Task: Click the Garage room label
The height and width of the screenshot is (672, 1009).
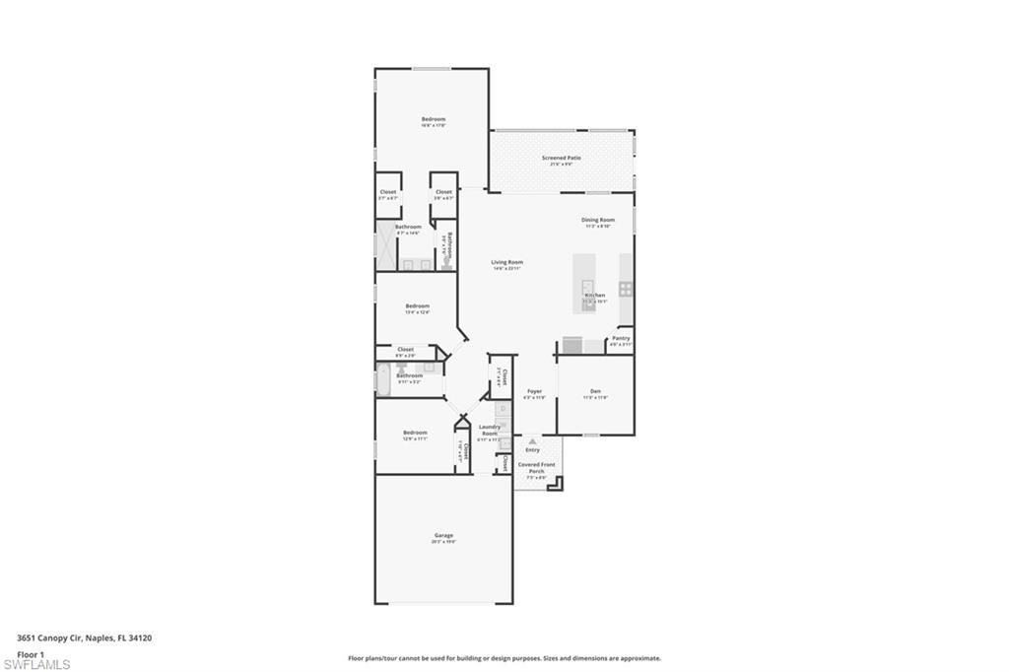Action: (442, 535)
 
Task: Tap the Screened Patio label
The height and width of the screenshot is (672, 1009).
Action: (561, 158)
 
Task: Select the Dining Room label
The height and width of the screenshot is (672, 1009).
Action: (597, 220)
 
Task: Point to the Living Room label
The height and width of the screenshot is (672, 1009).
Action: (506, 262)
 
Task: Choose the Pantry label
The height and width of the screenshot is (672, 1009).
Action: (620, 338)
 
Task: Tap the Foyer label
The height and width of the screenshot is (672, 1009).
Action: (534, 391)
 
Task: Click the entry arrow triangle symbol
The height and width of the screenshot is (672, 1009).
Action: (532, 440)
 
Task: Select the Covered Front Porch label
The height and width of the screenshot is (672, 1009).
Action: (537, 467)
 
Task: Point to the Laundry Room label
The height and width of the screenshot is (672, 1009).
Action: (489, 430)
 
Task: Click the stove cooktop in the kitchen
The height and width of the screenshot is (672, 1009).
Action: (626, 289)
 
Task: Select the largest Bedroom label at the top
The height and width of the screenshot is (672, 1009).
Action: (434, 119)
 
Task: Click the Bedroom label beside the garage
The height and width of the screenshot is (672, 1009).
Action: (415, 433)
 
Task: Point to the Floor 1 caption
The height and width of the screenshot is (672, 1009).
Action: (31, 653)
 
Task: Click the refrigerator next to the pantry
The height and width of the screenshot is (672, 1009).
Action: (572, 345)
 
